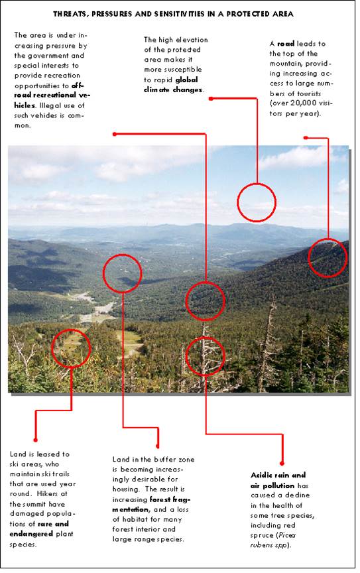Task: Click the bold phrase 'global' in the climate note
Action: [x=186, y=80]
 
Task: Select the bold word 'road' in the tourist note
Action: [x=286, y=44]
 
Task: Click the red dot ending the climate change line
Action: [x=211, y=98]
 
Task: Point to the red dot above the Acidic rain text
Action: [x=282, y=464]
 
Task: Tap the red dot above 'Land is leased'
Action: [x=35, y=440]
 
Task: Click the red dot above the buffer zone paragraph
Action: [x=158, y=446]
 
